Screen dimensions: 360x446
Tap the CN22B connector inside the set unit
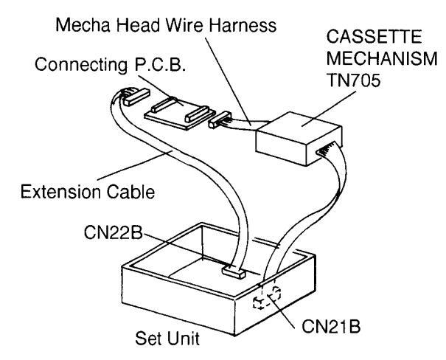[x=235, y=274]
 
